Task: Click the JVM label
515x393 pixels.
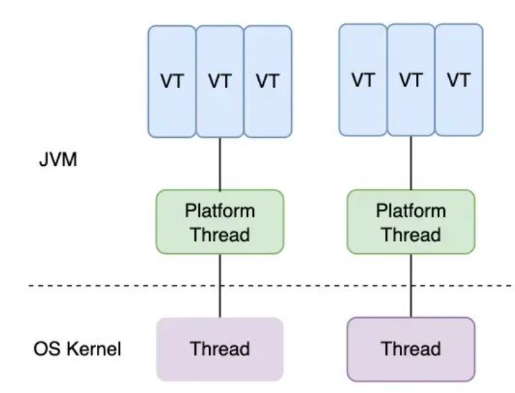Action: point(58,160)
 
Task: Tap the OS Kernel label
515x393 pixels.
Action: point(77,349)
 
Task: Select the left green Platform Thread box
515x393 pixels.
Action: point(220,222)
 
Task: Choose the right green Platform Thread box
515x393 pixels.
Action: point(411,222)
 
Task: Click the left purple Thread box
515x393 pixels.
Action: point(220,349)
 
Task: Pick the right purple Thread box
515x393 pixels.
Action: point(411,349)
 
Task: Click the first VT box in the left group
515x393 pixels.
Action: point(172,82)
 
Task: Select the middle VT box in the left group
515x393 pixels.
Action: point(220,82)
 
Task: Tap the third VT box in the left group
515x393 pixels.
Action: point(268,82)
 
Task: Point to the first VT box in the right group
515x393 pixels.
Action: point(363,80)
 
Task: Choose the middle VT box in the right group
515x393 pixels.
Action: point(411,80)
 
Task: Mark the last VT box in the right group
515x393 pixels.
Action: point(459,80)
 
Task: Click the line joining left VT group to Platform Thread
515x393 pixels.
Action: point(220,164)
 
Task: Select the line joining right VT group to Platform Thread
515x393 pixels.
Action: point(411,163)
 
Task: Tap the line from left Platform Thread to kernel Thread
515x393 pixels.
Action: point(220,285)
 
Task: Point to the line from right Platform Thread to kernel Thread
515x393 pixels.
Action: point(411,285)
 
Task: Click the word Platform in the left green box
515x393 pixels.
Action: point(220,211)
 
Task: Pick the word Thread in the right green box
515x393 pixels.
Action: point(411,235)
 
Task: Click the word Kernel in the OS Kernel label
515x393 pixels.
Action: point(94,349)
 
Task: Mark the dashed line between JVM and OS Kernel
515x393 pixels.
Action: point(272,285)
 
